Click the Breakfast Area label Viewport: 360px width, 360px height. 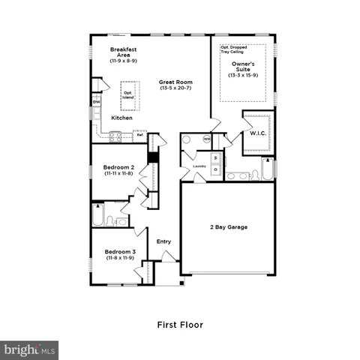122,53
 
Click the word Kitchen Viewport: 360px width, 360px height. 121,118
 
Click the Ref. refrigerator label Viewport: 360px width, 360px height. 139,135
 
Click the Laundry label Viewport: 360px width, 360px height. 199,166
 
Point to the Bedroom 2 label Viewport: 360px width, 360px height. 119,170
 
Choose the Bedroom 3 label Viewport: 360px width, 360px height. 119,254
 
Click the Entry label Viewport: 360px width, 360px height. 163,241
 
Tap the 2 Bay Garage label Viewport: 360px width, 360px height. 228,226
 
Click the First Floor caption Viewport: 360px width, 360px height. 180,325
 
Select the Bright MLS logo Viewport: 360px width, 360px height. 29,349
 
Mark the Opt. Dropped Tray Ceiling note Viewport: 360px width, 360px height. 235,49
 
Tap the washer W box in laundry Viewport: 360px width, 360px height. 214,158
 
